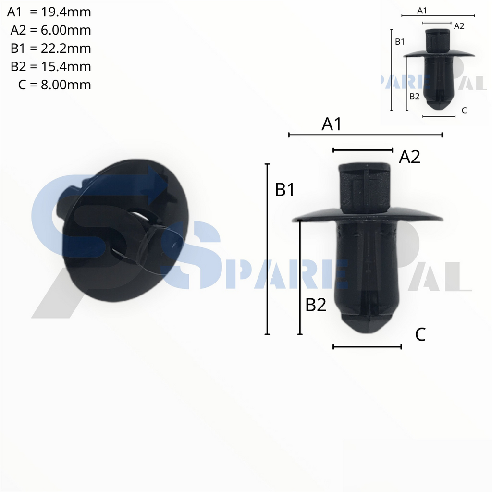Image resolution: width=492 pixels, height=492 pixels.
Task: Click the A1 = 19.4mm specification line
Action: tap(49, 12)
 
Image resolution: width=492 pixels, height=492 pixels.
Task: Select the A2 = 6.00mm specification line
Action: tap(50, 30)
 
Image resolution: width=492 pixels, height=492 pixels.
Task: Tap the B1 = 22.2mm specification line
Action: tap(50, 49)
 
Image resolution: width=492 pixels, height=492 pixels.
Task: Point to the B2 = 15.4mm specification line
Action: tap(50, 67)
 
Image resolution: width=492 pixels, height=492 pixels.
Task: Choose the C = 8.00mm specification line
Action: tap(54, 85)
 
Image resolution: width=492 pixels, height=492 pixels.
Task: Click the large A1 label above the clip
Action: tap(332, 124)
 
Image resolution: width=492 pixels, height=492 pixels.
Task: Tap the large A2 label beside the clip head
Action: tap(410, 157)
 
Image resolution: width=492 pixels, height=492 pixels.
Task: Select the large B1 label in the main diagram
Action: tap(285, 190)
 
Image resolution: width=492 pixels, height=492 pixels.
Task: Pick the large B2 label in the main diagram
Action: tap(316, 305)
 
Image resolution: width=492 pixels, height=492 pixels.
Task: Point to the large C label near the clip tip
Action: tap(420, 334)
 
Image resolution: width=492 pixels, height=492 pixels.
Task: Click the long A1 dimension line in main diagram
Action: tap(365, 135)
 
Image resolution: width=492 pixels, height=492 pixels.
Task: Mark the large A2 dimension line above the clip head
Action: tap(363, 150)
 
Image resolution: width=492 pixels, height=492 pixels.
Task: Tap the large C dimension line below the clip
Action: tap(367, 347)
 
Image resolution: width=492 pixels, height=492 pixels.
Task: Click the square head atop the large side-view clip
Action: tap(365, 187)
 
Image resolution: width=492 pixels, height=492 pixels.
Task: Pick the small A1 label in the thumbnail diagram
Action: tap(422, 10)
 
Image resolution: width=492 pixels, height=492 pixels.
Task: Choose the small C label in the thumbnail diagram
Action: tap(464, 111)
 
